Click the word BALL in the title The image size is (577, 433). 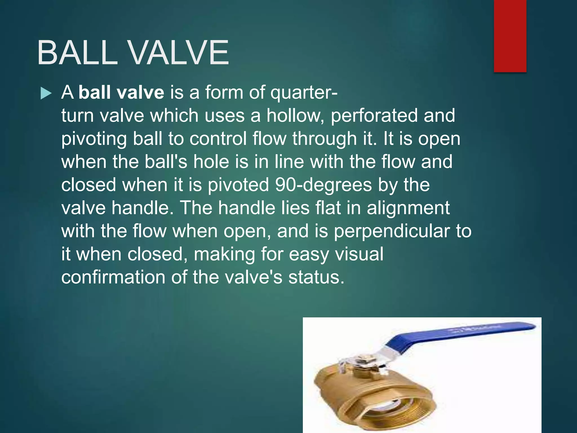(x=77, y=53)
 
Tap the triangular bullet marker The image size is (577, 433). (x=46, y=93)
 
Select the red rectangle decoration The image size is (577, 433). (x=510, y=36)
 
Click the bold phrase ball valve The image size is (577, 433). (x=121, y=92)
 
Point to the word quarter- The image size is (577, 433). (x=304, y=93)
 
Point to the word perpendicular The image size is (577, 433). (x=392, y=232)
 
